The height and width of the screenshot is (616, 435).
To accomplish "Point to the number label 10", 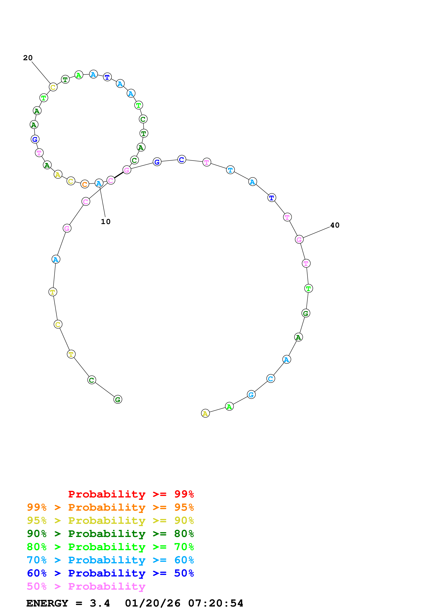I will point(106,222).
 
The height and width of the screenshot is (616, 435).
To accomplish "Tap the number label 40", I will point(335,225).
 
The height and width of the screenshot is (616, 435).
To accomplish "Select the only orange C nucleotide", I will point(85,184).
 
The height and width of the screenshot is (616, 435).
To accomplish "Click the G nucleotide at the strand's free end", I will point(118,399).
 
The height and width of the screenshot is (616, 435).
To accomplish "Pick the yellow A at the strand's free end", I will point(205,413).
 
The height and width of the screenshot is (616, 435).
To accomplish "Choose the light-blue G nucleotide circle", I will point(251,395).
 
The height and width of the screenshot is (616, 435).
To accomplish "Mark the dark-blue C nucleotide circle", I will point(182,159).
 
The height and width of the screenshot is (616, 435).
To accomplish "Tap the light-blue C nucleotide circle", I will point(271,379).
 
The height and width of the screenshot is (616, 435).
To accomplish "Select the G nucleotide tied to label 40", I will point(299,239).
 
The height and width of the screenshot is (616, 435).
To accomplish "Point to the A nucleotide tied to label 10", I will point(99,183).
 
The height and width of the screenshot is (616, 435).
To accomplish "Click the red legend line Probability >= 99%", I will point(131,494).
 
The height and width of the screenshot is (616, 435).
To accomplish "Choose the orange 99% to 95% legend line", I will point(110,507).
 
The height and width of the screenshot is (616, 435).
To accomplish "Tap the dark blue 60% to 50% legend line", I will point(110,573).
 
